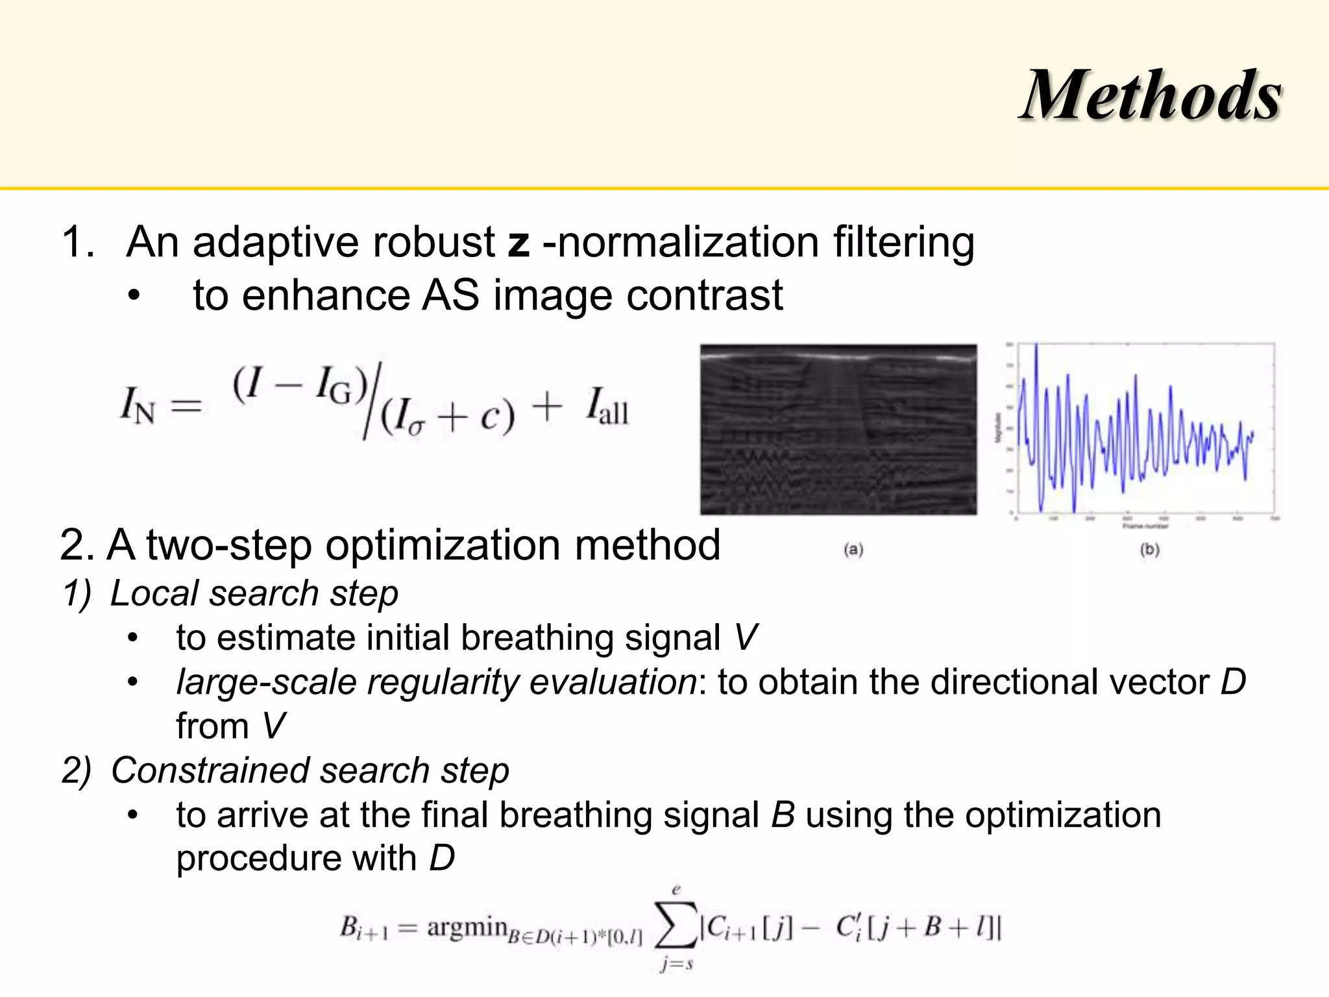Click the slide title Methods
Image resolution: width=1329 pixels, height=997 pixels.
[x=1151, y=95]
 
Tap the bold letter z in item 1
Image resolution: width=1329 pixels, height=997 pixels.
[x=518, y=243]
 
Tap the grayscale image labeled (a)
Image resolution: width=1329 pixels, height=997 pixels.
[x=838, y=430]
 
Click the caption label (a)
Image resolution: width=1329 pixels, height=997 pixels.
[x=853, y=550]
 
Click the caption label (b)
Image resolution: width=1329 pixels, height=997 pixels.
[x=1149, y=550]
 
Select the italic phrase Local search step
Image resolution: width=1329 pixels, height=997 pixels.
[x=254, y=593]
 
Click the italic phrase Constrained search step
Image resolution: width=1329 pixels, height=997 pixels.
[x=310, y=770]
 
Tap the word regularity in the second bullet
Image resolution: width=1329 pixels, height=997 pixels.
[x=443, y=682]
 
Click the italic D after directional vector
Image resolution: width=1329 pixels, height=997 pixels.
[x=1233, y=682]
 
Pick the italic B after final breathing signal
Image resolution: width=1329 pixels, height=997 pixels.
[x=783, y=815]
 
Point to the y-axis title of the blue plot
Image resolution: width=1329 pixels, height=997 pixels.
[x=998, y=428]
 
